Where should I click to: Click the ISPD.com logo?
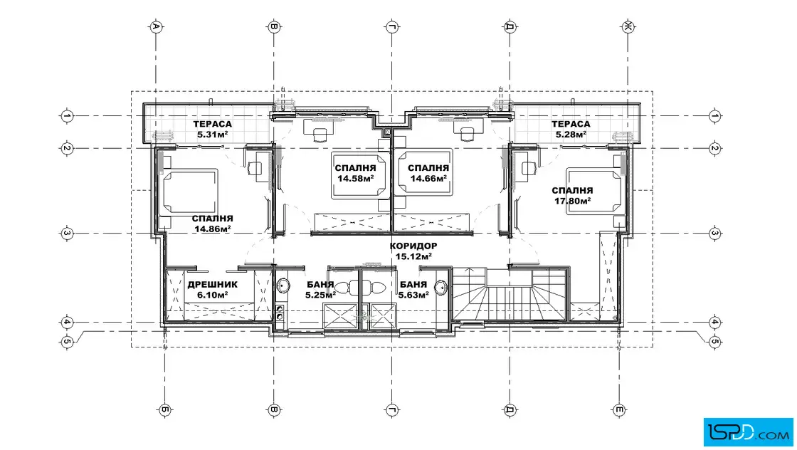[748, 432]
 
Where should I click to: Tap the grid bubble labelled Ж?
[628, 26]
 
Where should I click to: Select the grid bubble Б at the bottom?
[164, 410]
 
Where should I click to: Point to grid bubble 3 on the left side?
[67, 234]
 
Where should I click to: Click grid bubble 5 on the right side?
[714, 342]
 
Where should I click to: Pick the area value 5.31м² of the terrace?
[213, 135]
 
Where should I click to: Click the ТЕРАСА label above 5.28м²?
[571, 124]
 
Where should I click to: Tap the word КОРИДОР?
[413, 246]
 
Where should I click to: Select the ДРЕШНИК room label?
[213, 285]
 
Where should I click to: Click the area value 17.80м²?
[572, 201]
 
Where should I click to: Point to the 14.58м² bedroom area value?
[356, 179]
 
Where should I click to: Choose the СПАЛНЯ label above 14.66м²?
[428, 168]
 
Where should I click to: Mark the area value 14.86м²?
[213, 229]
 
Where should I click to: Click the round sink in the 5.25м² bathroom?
[283, 286]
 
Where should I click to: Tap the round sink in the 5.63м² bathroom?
[442, 287]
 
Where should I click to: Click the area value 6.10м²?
[213, 295]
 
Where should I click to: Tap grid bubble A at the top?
[156, 26]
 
